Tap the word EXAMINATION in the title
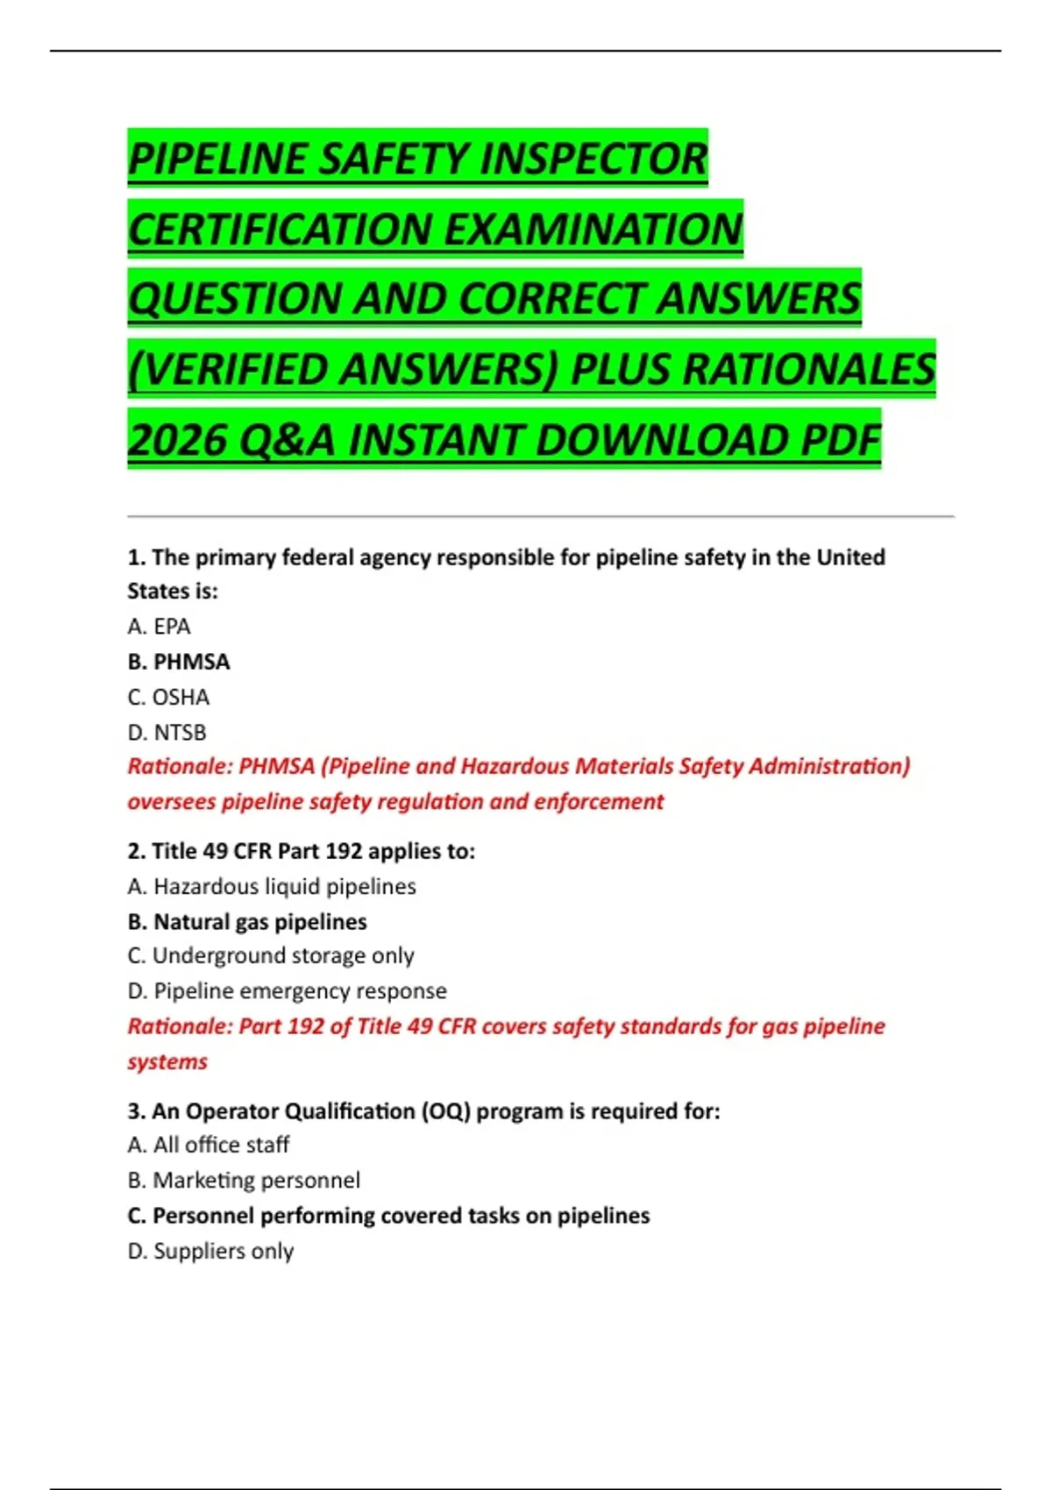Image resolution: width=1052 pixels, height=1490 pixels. [x=594, y=230]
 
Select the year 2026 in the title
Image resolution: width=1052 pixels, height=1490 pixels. [x=176, y=440]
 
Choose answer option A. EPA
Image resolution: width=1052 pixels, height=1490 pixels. [x=159, y=627]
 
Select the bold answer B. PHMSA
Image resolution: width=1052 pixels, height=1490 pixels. [x=179, y=662]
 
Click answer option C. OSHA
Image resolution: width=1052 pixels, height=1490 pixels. [x=168, y=698]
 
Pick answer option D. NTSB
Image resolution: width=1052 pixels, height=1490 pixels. [x=167, y=733]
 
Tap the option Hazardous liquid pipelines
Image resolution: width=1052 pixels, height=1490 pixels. [x=272, y=887]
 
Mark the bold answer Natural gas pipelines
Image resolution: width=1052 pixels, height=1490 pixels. [x=247, y=922]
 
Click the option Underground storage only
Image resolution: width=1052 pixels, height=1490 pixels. [x=271, y=956]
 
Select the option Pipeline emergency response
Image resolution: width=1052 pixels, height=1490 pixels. [x=287, y=991]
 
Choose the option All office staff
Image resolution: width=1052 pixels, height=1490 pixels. [x=208, y=1146]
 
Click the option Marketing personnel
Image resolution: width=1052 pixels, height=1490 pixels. [x=244, y=1181]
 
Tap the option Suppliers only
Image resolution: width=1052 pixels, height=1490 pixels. [x=210, y=1252]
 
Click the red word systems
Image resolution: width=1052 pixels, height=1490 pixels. [x=167, y=1062]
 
